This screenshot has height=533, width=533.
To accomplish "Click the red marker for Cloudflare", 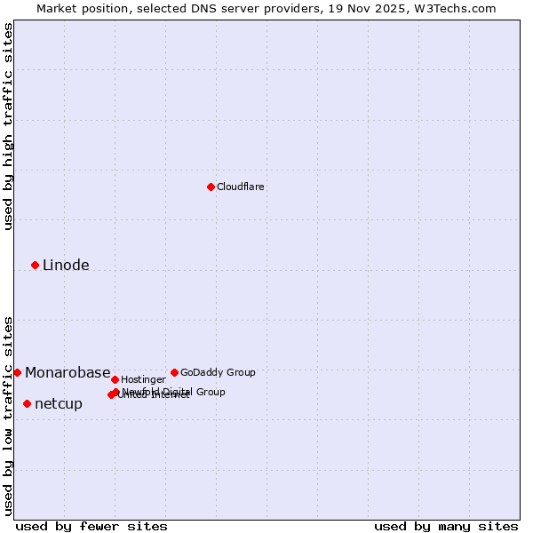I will [211, 187].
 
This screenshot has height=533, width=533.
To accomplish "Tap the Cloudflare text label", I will [240, 187].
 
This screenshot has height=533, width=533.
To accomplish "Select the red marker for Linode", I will [35, 265].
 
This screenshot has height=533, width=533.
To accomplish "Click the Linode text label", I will [66, 265].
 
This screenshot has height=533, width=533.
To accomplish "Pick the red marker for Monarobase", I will [17, 372].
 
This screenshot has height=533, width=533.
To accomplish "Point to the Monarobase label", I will [68, 373].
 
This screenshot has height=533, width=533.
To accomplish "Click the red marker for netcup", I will [27, 403].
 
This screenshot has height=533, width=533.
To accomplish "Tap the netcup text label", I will [59, 404].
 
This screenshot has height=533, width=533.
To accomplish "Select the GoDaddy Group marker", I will [174, 372].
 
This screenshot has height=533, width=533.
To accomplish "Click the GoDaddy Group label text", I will [218, 372].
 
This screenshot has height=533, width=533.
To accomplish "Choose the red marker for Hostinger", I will [115, 379].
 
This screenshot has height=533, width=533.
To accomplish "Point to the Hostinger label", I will [143, 379].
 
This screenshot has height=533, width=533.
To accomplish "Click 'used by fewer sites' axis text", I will [91, 526].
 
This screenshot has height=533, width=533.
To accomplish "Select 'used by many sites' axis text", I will [446, 526].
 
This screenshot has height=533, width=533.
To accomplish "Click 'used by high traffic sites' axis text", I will [8, 126].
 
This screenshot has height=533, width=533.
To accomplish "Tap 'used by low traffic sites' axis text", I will [8, 416].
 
